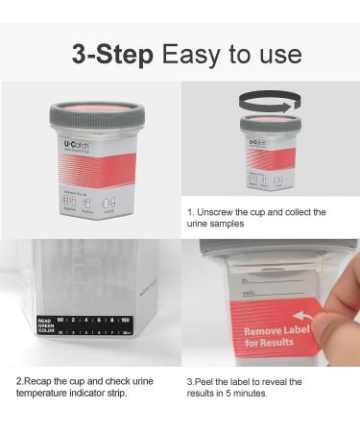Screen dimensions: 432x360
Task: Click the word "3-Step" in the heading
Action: [x=111, y=53]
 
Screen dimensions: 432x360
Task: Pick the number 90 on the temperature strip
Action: [x=60, y=321]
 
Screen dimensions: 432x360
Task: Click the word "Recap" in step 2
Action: [x=38, y=381]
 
